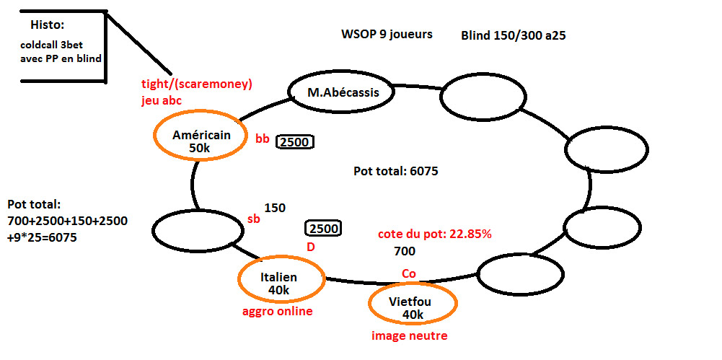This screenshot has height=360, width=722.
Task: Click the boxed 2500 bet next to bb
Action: pos(295,142)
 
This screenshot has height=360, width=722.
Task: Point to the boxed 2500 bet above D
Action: pos(323,229)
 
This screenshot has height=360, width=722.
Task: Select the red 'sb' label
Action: pos(253,219)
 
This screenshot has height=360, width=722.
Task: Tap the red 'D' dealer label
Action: pos(311,247)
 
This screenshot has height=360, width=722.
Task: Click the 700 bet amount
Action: pos(405,252)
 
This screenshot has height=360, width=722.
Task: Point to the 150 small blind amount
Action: pos(275,208)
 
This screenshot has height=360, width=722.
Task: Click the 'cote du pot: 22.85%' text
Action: pos(434,234)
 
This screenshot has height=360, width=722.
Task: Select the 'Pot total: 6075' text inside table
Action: pos(396,172)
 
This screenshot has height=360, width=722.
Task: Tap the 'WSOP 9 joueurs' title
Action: pos(387,34)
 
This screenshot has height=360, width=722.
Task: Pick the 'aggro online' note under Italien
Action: pos(278,311)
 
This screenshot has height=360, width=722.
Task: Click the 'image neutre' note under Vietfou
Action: pos(409,335)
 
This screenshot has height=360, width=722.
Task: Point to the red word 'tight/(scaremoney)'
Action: pos(197,84)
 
